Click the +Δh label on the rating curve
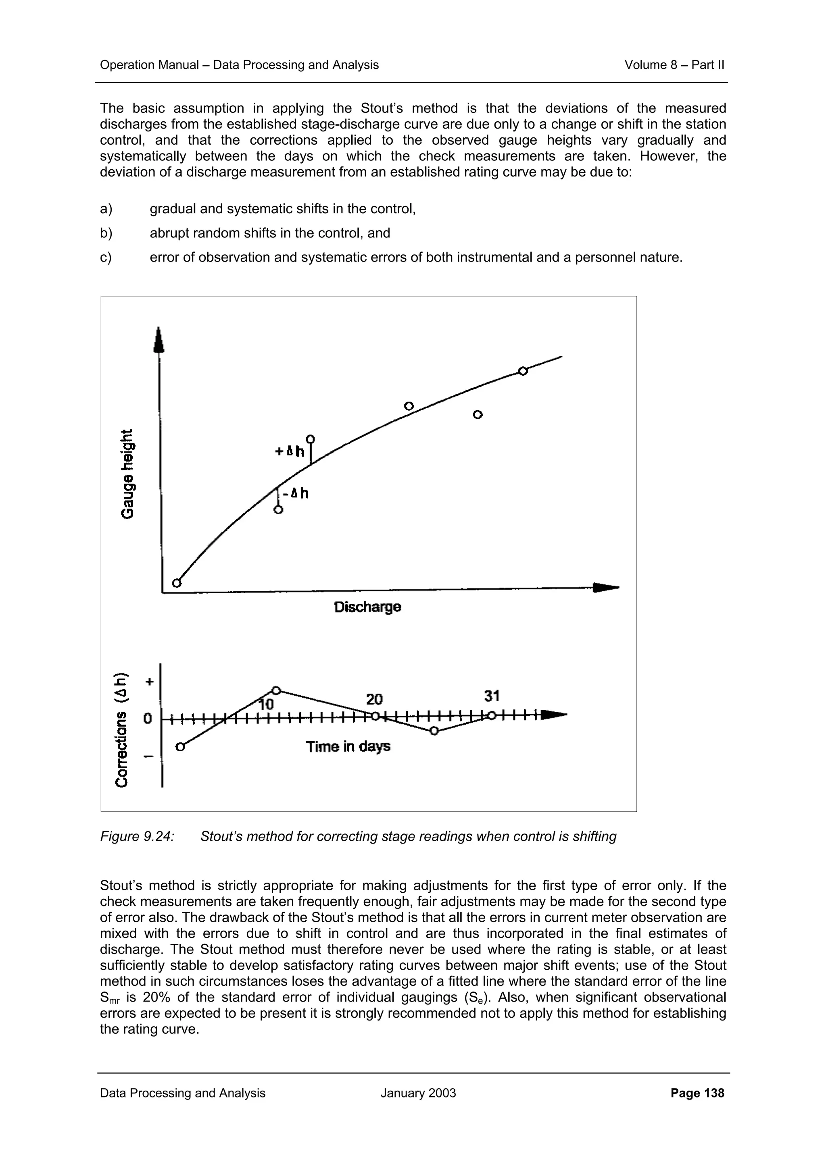click(x=290, y=451)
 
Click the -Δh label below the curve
click(x=296, y=493)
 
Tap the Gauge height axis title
click(x=128, y=474)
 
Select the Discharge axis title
click(x=367, y=607)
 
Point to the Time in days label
click(x=348, y=746)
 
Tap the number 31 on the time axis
click(x=492, y=696)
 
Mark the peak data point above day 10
click(x=276, y=690)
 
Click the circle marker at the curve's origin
click(x=177, y=583)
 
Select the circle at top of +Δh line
click(x=310, y=439)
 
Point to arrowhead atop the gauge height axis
click(x=159, y=340)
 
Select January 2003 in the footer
click(x=418, y=1093)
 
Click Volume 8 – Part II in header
click(x=674, y=64)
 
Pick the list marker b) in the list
click(x=106, y=233)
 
